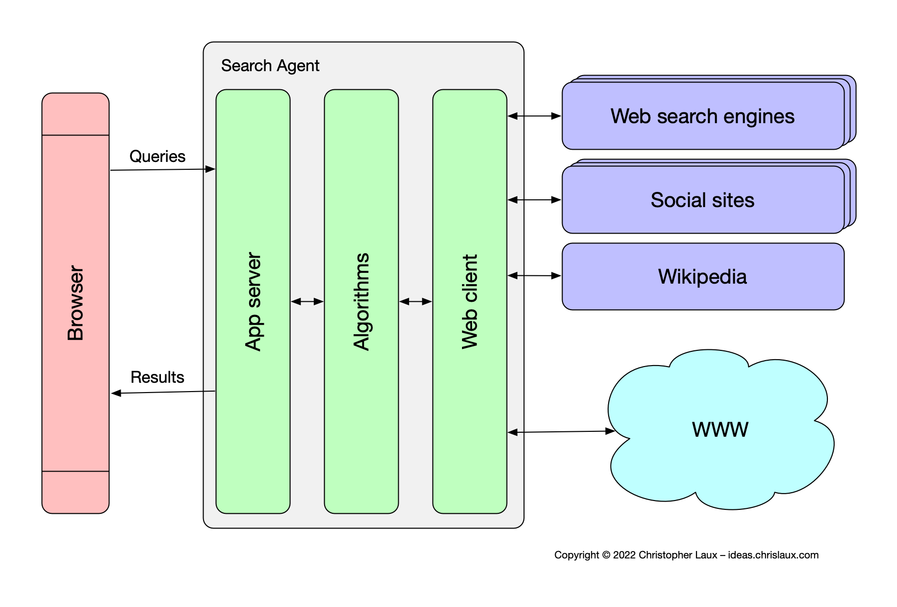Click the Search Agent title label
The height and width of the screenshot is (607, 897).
click(x=270, y=66)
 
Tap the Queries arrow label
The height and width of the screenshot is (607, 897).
click(x=157, y=157)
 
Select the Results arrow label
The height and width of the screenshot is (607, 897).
click(x=157, y=377)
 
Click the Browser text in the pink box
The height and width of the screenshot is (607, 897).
click(x=76, y=303)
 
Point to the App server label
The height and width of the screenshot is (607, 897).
click(x=253, y=302)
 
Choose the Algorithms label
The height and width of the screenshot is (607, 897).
click(x=361, y=302)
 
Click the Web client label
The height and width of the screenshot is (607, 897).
click(x=470, y=302)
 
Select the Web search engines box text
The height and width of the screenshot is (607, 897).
click(x=702, y=117)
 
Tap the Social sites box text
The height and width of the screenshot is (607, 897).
click(x=702, y=200)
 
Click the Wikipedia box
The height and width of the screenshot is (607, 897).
click(x=702, y=277)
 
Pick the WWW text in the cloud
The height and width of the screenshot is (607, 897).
click(x=720, y=430)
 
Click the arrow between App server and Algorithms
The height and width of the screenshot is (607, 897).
click(x=308, y=301)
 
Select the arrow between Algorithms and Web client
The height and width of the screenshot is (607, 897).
click(x=415, y=301)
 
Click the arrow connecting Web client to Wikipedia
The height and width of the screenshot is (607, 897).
click(x=535, y=276)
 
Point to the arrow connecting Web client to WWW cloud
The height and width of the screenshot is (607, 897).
click(x=562, y=432)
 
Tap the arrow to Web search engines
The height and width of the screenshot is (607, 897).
click(x=535, y=116)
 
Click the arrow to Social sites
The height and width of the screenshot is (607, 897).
click(x=535, y=200)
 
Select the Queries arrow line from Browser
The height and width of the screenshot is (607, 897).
click(x=162, y=170)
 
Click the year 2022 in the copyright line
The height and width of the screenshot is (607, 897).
click(x=624, y=555)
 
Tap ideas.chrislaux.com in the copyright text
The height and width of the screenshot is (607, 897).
click(x=773, y=555)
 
